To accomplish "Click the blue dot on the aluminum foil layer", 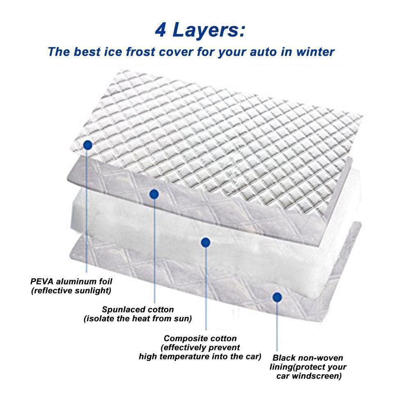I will [x=87, y=144].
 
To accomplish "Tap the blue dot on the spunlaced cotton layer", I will [x=154, y=194].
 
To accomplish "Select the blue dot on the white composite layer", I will [x=206, y=242].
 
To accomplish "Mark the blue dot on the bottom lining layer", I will [x=277, y=296].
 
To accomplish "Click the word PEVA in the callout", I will [x=41, y=282].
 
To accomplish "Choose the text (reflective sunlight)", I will [x=71, y=291].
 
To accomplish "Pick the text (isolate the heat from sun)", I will [x=138, y=319].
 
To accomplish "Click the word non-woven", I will [x=321, y=358].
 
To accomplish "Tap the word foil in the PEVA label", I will [x=104, y=282].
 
